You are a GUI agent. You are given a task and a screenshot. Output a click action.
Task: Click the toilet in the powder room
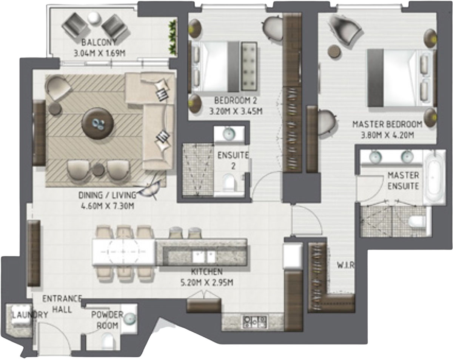tap(108, 342)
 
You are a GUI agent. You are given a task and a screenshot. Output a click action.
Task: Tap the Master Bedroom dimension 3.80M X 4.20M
tap(387, 135)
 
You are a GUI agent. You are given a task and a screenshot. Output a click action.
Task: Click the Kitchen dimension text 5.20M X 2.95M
tap(206, 282)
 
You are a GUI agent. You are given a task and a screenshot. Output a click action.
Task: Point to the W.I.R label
tap(345, 265)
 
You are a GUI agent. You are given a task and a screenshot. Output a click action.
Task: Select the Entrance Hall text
tap(62, 303)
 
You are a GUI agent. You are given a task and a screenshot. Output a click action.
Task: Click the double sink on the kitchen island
tap(203, 257)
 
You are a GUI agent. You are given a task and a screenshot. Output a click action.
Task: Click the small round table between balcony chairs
tap(94, 17)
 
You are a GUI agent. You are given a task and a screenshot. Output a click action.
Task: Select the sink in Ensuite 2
tap(228, 133)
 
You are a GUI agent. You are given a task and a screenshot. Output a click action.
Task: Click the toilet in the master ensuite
tap(417, 222)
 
